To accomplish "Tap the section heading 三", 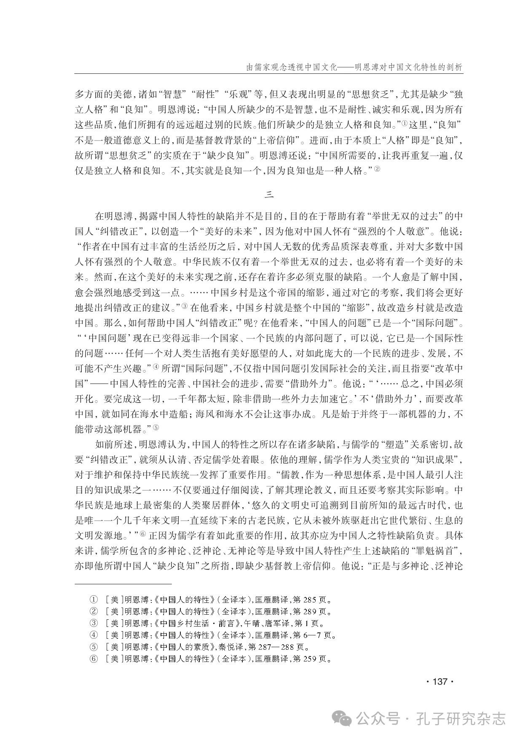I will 269,194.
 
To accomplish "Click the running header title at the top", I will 348,67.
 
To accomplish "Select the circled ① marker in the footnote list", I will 93,600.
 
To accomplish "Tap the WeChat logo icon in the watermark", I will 342,717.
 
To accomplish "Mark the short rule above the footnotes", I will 123,584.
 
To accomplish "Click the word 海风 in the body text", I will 205,414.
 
